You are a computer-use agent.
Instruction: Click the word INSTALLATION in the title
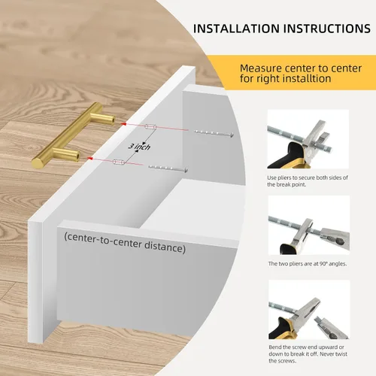[236, 29]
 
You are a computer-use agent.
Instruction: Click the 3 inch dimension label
[139, 146]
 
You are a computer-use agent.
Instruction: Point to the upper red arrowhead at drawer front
[123, 123]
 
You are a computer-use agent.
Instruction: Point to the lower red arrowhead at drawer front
[89, 158]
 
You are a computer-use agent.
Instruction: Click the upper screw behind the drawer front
[214, 133]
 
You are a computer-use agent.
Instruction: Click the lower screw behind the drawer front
[168, 168]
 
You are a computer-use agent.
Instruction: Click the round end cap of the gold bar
[37, 163]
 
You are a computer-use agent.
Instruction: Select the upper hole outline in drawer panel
[150, 127]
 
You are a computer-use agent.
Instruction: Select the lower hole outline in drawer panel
[119, 162]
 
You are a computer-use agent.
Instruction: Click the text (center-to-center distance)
[125, 243]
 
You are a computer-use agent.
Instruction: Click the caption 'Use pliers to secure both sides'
[308, 177]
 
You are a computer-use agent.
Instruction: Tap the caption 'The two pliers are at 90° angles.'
[308, 264]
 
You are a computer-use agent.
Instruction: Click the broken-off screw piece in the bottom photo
[330, 326]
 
